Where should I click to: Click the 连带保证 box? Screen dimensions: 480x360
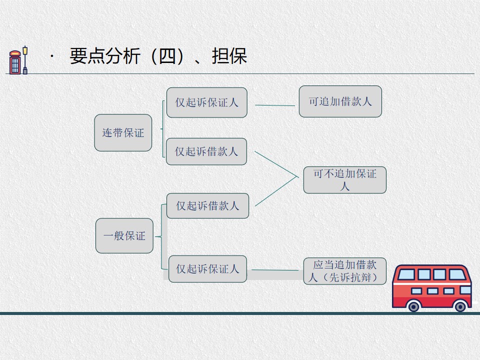coord(123,132)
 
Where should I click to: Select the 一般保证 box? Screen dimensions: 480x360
coord(124,235)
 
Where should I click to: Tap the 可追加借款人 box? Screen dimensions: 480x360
coord(340,101)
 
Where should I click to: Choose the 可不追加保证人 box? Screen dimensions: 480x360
coord(345,180)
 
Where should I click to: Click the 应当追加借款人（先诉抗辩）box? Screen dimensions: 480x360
coord(345,271)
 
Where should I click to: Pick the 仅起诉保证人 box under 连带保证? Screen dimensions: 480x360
coord(207,102)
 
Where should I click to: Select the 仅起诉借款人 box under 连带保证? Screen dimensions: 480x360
coord(206,151)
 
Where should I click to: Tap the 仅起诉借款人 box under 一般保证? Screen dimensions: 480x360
coord(207,205)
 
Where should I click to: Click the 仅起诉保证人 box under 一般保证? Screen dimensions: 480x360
coord(207,269)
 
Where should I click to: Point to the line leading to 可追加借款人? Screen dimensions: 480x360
coord(275,105)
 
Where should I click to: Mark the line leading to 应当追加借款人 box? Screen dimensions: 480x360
coord(275,270)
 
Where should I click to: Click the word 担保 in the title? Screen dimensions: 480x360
coord(229,56)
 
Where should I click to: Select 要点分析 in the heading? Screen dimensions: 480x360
coord(105,56)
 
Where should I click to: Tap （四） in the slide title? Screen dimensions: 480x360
coord(167,56)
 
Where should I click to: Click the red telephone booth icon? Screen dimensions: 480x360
coord(15,62)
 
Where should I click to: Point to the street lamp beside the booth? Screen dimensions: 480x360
coord(25,60)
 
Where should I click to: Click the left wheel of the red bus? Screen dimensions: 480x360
coord(413,306)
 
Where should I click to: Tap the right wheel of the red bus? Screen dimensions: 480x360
coord(460,306)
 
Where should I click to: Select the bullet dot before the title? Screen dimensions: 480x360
coord(52,56)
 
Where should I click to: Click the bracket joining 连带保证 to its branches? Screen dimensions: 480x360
coord(163,129)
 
